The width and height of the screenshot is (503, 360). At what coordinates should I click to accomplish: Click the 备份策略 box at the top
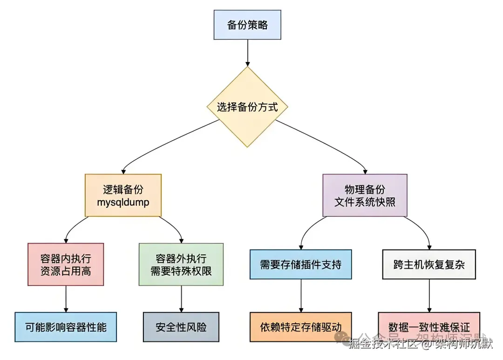click(247, 25)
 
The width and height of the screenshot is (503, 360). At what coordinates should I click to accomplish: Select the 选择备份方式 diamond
click(247, 107)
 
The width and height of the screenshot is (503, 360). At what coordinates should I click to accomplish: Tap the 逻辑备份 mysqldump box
click(123, 196)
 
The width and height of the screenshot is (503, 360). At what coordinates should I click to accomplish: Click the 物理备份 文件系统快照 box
click(365, 196)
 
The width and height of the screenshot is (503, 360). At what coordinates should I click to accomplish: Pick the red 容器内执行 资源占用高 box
click(66, 264)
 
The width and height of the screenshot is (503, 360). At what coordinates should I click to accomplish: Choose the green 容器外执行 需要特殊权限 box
click(181, 264)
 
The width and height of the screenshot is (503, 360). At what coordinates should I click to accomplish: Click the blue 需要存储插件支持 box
click(300, 265)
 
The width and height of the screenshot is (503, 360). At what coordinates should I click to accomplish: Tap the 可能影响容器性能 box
click(66, 327)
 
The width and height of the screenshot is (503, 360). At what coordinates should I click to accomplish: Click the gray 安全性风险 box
click(181, 327)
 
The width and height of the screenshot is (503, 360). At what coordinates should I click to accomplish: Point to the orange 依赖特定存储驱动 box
click(300, 327)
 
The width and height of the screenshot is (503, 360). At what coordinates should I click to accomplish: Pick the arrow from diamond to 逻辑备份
click(158, 144)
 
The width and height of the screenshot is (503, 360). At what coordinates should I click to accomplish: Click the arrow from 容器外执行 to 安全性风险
click(181, 299)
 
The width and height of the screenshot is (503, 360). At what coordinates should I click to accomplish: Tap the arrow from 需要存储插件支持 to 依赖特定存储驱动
click(300, 296)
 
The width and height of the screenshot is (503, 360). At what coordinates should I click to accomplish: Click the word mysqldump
click(123, 203)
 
